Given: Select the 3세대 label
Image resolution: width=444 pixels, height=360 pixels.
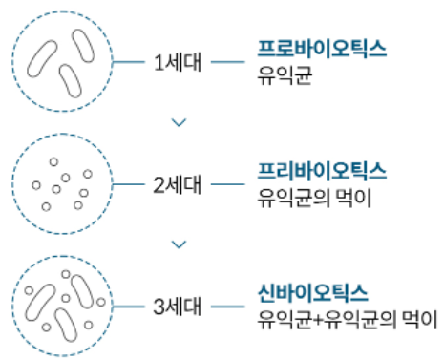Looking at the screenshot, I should tap(176, 307).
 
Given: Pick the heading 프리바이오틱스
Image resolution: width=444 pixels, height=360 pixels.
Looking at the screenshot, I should tap(322, 171).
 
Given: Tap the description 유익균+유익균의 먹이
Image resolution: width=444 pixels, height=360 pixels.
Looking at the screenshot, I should tap(347, 318).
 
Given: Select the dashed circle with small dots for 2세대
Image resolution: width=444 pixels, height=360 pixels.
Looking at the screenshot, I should tap(64, 181).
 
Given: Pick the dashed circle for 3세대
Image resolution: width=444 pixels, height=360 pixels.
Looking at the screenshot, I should tap(64, 307).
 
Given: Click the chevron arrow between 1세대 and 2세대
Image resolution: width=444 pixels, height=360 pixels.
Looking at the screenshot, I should tap(176, 122).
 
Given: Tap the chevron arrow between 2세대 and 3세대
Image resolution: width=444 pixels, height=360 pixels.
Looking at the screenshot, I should tap(176, 245).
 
